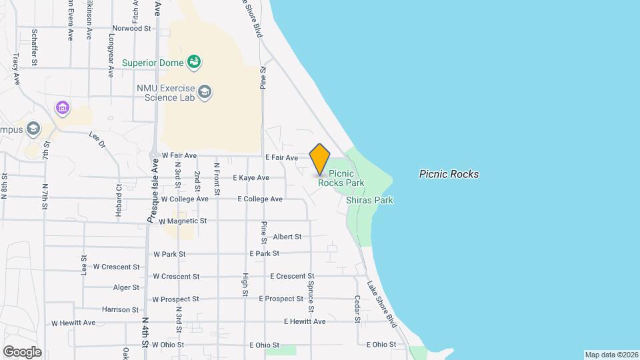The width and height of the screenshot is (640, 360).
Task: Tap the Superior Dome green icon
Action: click(x=194, y=63)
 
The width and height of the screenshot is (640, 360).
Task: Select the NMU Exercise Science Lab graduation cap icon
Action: click(x=205, y=91)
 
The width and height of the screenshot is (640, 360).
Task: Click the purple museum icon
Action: click(x=63, y=107)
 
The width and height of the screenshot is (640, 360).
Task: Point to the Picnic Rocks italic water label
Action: click(x=449, y=175)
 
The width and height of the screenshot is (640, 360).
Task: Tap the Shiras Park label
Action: click(x=369, y=200)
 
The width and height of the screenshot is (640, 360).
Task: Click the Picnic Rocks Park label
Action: click(x=341, y=177)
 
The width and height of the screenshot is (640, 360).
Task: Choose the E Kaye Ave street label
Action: click(x=251, y=178)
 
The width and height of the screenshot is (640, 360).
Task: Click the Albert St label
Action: click(x=287, y=237)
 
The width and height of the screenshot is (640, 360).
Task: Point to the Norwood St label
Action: click(x=131, y=29)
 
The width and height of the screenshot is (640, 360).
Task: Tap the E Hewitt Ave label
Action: click(x=305, y=321)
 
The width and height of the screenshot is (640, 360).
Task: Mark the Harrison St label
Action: click(x=120, y=309)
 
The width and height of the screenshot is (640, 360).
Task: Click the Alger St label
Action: click(x=126, y=288)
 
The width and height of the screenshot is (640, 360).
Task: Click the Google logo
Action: click(x=22, y=352)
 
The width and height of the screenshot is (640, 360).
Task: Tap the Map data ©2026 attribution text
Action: click(x=611, y=355)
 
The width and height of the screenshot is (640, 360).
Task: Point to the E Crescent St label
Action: click(x=291, y=276)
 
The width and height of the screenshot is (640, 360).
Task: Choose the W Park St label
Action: click(x=169, y=254)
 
